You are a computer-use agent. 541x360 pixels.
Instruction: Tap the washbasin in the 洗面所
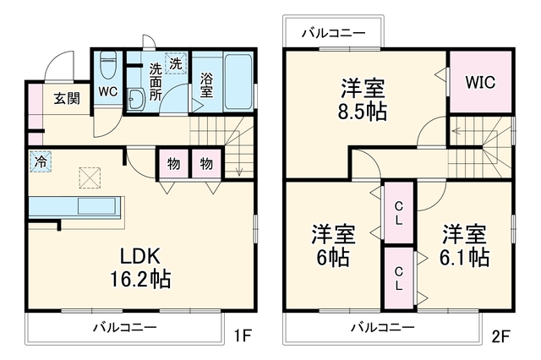[x=136, y=100]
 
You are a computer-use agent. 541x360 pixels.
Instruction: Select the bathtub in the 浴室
[x=238, y=81]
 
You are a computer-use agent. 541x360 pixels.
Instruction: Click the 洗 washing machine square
[x=176, y=63]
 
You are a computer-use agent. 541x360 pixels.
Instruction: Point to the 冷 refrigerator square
[x=41, y=161]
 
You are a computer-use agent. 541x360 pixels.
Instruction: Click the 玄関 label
[x=67, y=99]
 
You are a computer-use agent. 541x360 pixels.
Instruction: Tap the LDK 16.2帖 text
[x=140, y=268]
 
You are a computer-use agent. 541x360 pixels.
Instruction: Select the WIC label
[x=480, y=82]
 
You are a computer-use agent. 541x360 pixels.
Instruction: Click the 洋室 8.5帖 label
[x=363, y=100]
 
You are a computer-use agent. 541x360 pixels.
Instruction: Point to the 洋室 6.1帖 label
[x=464, y=245]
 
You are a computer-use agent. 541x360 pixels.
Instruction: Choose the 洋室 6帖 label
[x=333, y=245]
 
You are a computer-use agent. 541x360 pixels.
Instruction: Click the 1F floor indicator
[x=243, y=335]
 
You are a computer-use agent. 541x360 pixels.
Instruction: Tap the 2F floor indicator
[x=500, y=336]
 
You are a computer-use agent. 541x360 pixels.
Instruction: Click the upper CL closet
[x=399, y=213]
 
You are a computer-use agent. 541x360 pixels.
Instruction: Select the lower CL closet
[x=399, y=278]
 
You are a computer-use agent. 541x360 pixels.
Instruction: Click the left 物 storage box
[x=173, y=163]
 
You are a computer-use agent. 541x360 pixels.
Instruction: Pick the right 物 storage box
[x=206, y=163]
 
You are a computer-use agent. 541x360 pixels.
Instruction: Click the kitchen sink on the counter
[x=96, y=206]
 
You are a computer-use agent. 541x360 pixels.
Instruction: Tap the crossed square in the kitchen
[x=90, y=177]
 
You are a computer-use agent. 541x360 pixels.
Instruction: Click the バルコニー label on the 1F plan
[x=124, y=327]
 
